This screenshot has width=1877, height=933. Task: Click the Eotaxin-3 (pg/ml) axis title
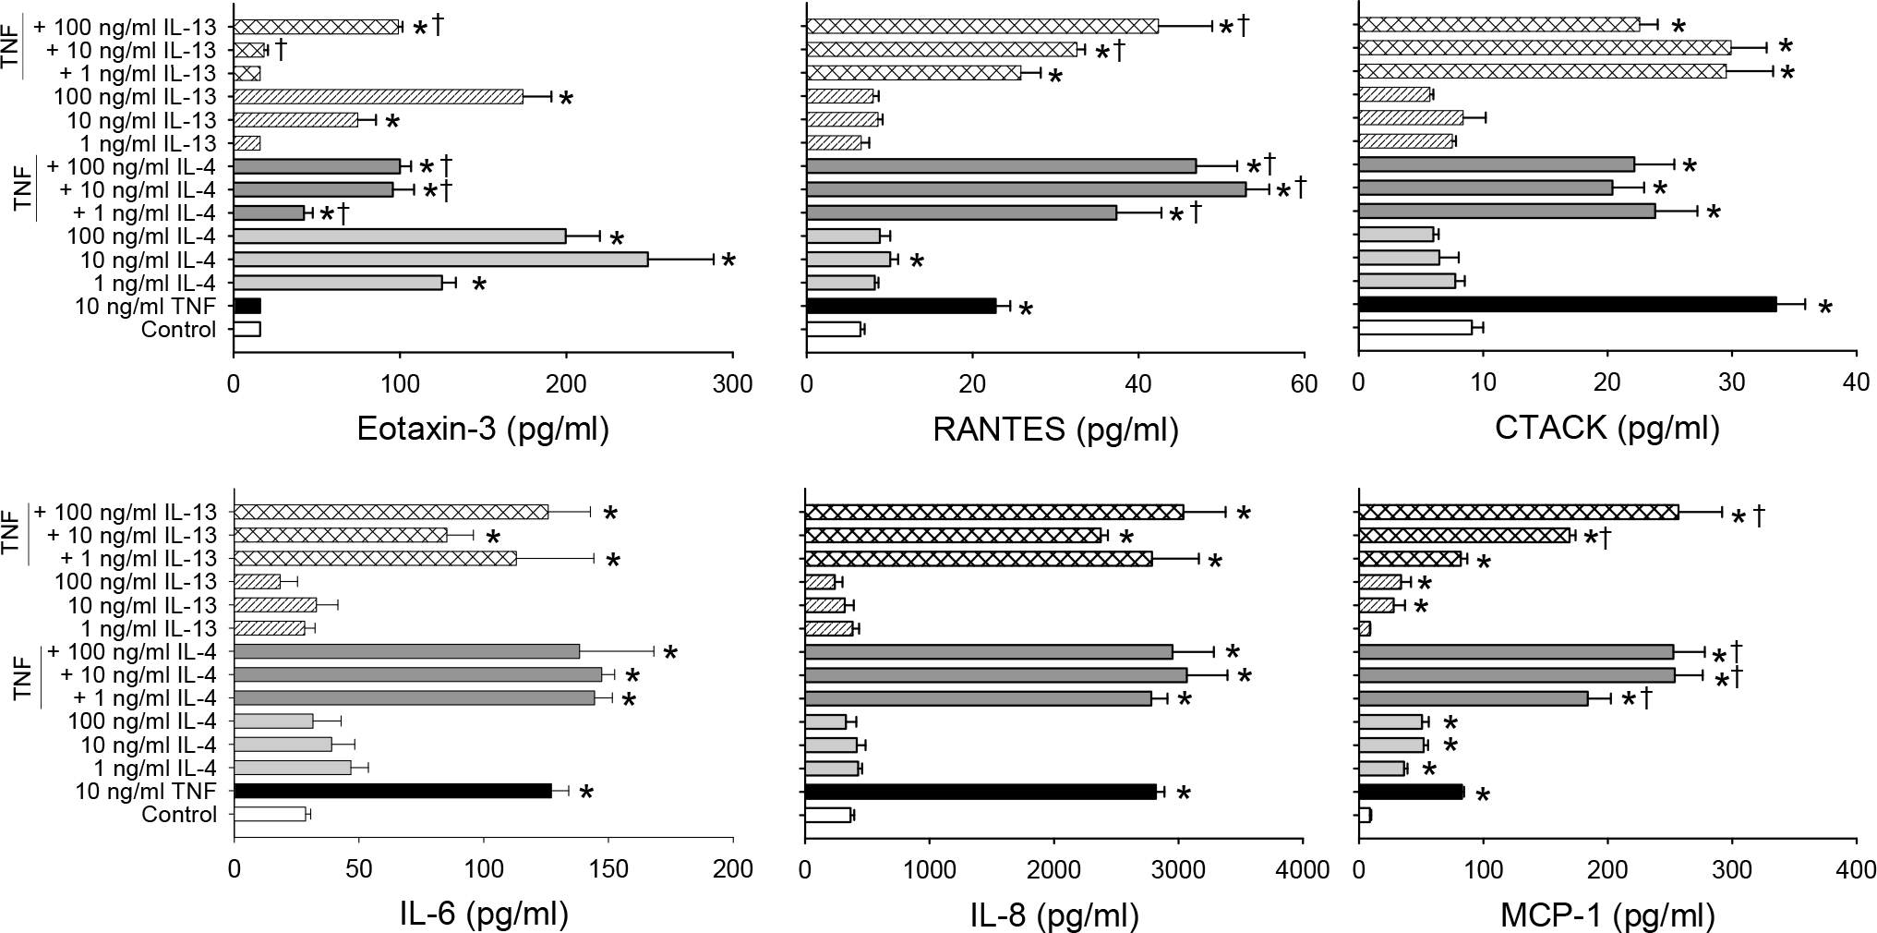483,430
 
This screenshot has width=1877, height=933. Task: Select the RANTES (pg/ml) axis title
1055,430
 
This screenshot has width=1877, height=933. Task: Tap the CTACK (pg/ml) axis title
1606,430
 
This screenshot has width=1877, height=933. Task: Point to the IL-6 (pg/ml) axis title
482,915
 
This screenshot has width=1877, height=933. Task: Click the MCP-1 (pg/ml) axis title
1606,915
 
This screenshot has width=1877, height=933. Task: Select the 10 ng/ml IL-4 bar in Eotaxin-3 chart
440,260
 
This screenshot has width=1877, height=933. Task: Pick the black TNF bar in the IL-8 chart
980,791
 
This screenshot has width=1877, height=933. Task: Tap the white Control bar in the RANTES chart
834,329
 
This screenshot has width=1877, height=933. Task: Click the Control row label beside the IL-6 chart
179,815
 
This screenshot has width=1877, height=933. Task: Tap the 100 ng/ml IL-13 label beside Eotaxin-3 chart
137,96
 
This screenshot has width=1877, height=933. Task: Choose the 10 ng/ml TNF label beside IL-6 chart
148,791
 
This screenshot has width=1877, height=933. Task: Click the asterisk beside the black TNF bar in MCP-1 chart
1483,795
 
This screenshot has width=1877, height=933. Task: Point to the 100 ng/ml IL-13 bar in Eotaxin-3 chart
379,96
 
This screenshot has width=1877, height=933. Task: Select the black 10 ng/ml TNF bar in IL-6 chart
392,791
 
